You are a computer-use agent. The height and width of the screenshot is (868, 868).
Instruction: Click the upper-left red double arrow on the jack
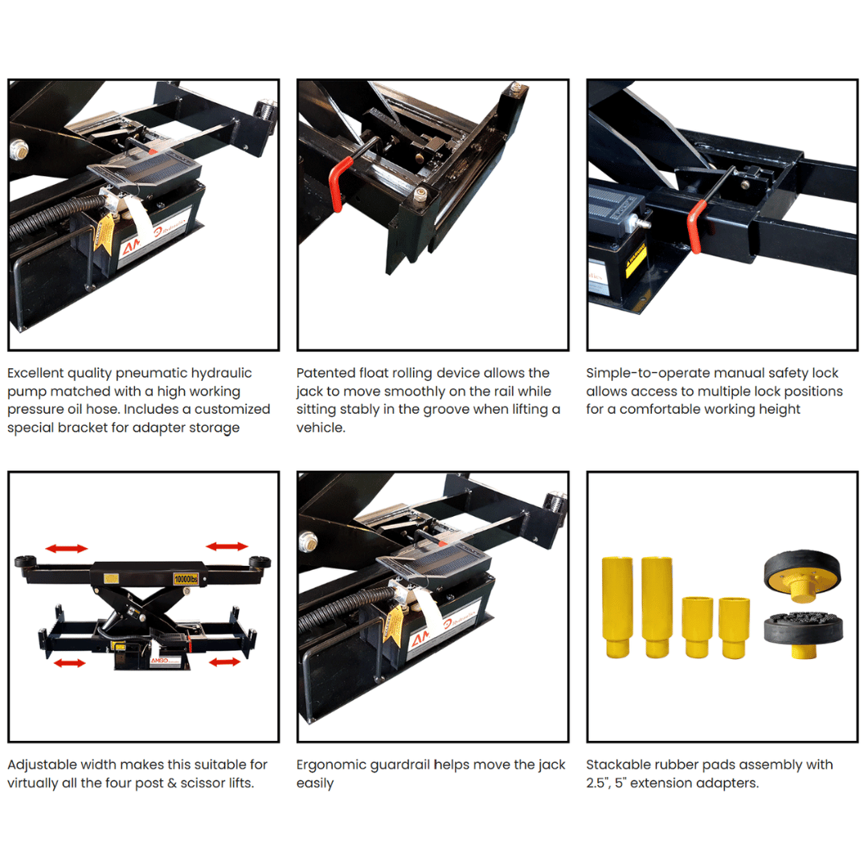[66, 548]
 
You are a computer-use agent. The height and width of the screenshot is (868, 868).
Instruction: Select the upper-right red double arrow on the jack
[227, 547]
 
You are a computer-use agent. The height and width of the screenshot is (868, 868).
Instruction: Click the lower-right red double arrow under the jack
[223, 662]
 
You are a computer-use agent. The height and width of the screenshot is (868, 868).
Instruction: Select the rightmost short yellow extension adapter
[734, 627]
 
